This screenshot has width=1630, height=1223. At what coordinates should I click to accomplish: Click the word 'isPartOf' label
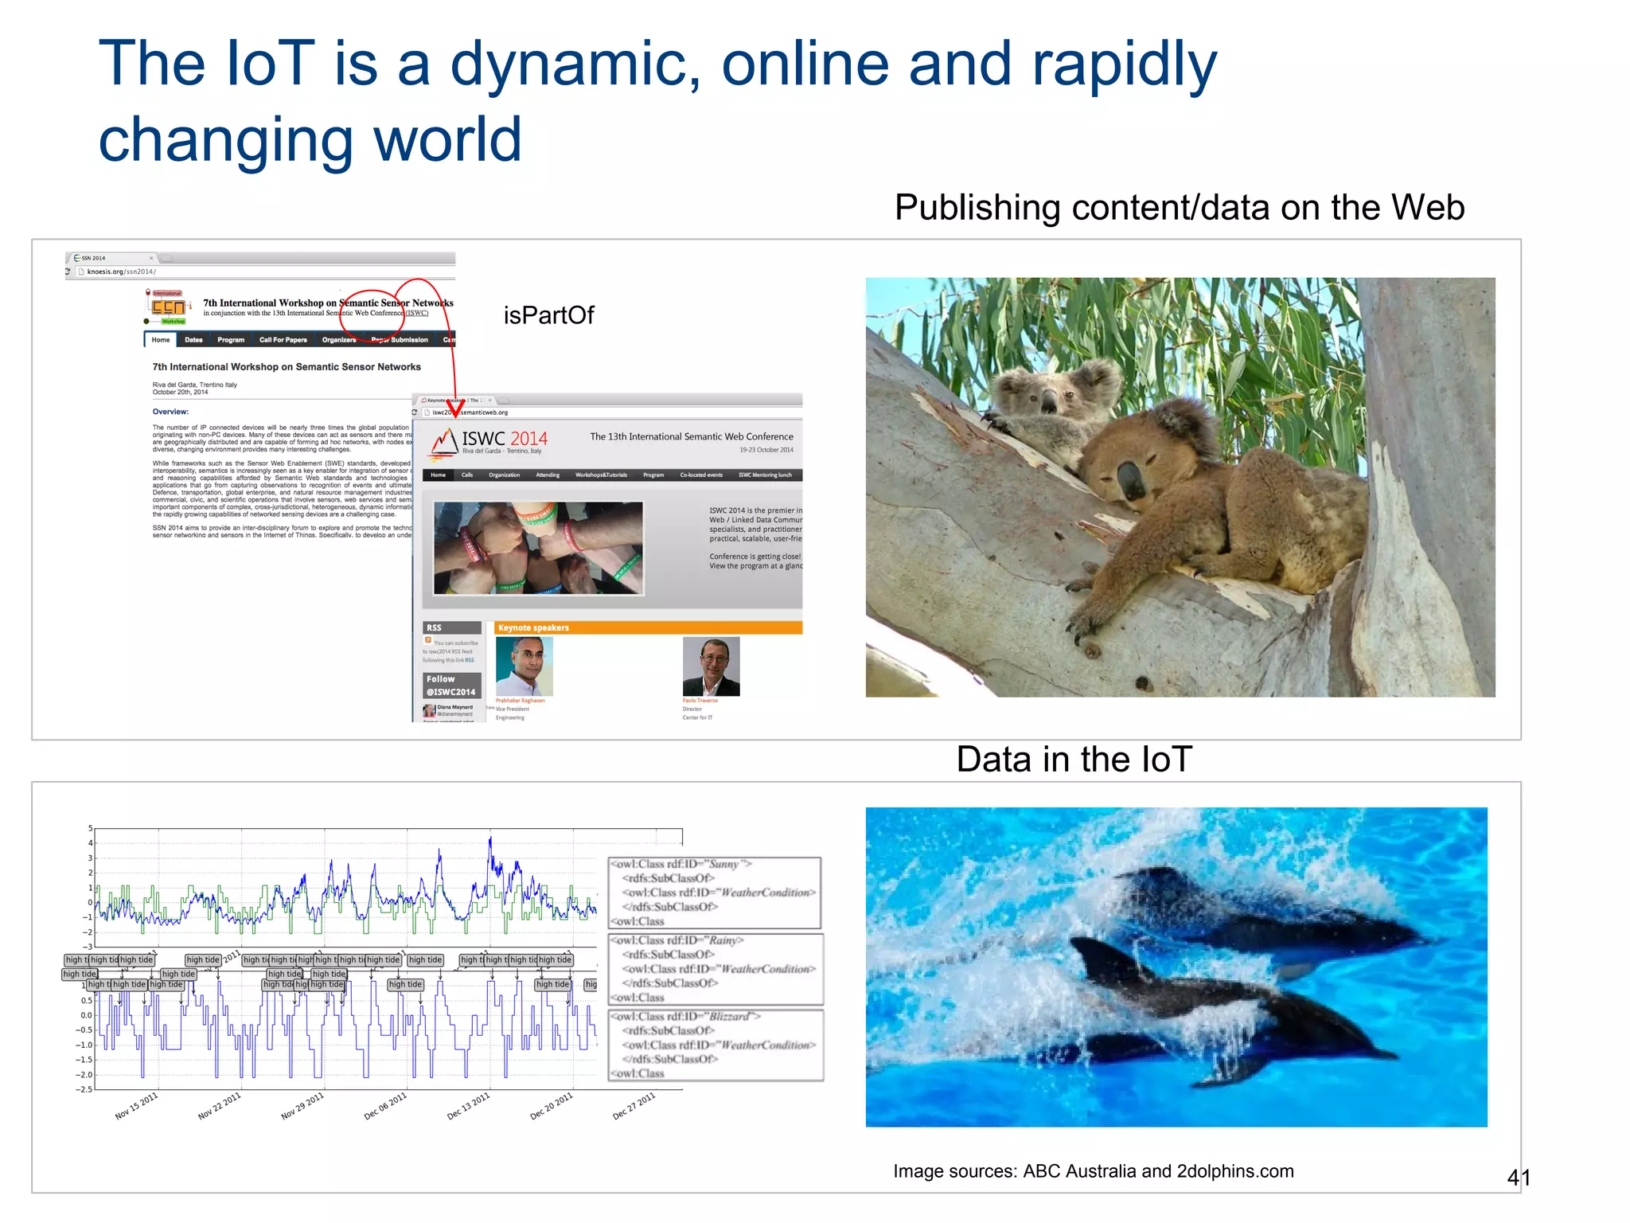click(x=548, y=315)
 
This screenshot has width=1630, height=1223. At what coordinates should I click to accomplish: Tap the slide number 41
click(x=1518, y=1178)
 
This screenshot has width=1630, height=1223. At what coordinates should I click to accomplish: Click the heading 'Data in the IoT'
click(x=1074, y=760)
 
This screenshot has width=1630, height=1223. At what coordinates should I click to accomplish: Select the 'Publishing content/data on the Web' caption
click(x=1179, y=208)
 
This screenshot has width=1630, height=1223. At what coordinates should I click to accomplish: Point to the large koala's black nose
click(x=1130, y=479)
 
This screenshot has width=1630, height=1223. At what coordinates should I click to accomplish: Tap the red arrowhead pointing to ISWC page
click(x=455, y=408)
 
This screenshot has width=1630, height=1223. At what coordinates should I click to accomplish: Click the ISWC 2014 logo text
click(x=504, y=439)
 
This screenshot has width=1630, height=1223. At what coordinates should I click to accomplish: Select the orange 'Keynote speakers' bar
click(x=647, y=627)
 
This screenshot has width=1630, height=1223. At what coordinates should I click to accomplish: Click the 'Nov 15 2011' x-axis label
click(x=136, y=1106)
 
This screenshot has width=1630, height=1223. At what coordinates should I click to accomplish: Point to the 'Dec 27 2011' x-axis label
click(x=634, y=1106)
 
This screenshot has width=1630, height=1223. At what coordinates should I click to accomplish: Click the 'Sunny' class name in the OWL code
click(x=724, y=864)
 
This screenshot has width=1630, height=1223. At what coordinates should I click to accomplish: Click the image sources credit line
click(x=1093, y=1171)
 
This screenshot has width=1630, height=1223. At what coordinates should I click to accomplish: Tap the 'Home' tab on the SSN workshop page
click(x=160, y=340)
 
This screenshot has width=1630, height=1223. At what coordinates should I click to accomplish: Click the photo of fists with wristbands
click(x=538, y=548)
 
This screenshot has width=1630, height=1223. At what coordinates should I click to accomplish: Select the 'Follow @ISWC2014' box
click(x=450, y=686)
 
